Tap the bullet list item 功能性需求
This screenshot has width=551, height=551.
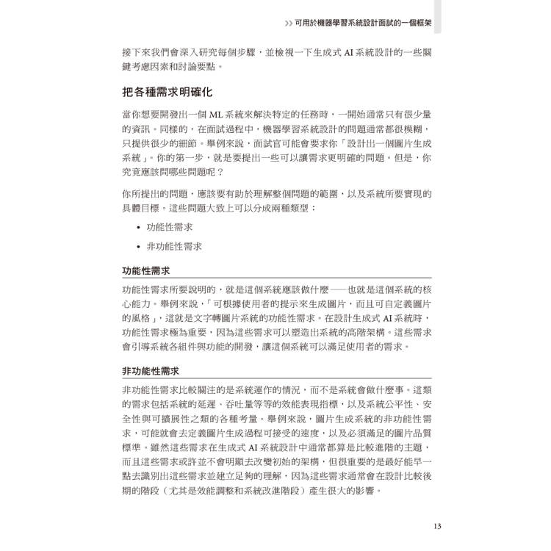[x=170, y=228]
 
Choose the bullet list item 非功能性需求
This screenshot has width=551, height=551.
[x=174, y=247]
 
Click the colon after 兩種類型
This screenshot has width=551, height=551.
[x=314, y=209]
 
